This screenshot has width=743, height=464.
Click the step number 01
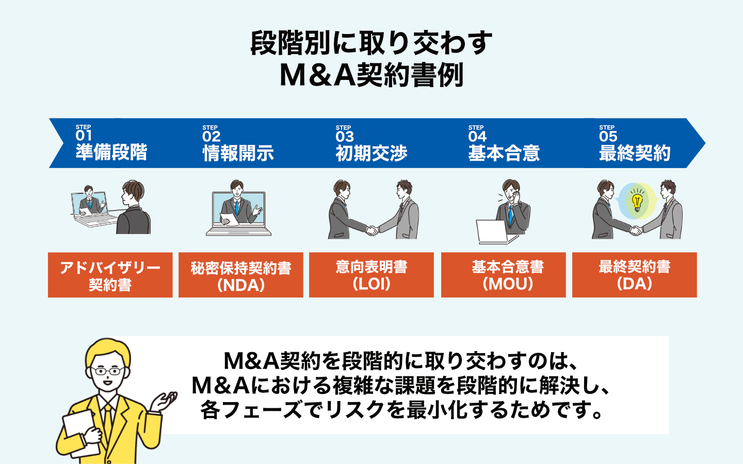click(x=84, y=136)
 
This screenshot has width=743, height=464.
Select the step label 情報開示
click(x=238, y=153)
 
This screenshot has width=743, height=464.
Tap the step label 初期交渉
click(x=372, y=153)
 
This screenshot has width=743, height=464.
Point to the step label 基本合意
click(x=504, y=153)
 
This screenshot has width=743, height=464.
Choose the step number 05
click(x=608, y=137)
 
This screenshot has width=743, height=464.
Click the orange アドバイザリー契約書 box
click(x=110, y=275)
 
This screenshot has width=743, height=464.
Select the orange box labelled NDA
click(x=241, y=275)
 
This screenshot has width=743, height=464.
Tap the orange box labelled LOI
click(x=372, y=275)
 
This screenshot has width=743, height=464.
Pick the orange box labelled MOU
click(x=504, y=275)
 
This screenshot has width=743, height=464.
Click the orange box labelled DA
click(x=635, y=275)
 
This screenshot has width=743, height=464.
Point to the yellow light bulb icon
click(x=637, y=201)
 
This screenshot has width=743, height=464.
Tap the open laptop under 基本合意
click(x=493, y=233)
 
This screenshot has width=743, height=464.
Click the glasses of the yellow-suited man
click(x=107, y=371)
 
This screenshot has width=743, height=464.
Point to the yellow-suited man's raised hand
click(x=166, y=400)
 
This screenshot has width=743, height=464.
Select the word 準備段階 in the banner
click(x=111, y=153)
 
